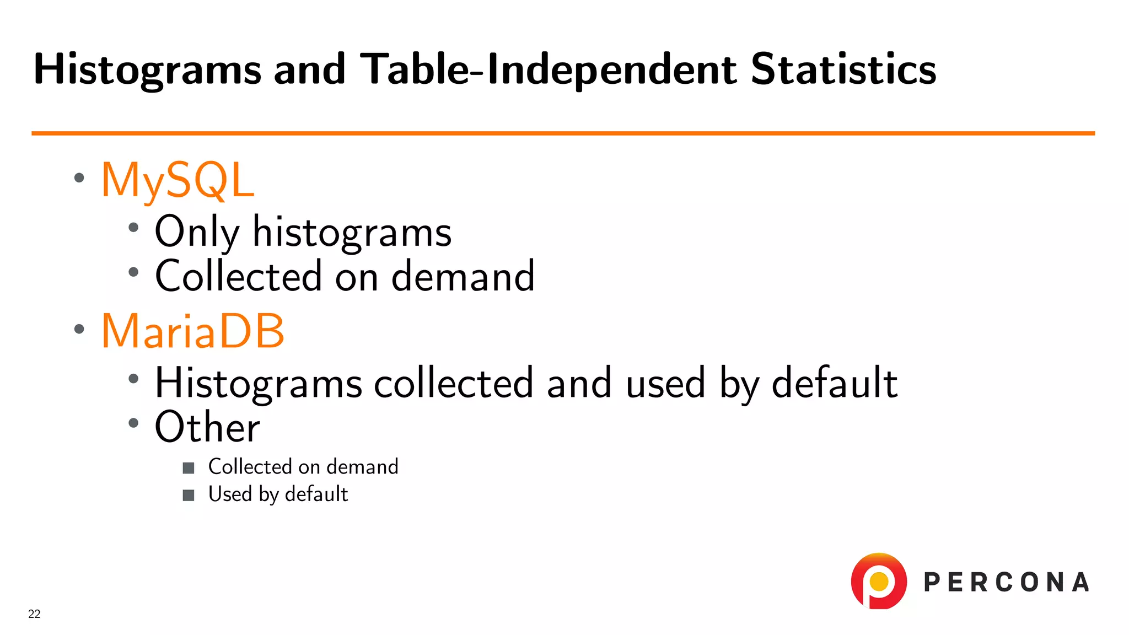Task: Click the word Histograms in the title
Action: tap(147, 69)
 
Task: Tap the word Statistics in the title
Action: tap(843, 69)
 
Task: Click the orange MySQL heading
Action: tap(178, 180)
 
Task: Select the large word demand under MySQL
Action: tap(463, 276)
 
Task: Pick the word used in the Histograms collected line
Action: tap(665, 383)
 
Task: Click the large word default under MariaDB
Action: tap(835, 383)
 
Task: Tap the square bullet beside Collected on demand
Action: tap(189, 468)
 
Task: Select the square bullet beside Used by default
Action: tap(189, 495)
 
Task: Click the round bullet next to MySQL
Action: tap(79, 177)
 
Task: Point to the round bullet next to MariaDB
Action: tap(79, 329)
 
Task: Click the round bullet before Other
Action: tap(133, 423)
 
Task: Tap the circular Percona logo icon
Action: tap(879, 582)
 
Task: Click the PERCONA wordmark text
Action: tap(1006, 583)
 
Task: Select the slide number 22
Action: tap(34, 614)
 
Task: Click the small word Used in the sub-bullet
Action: tap(230, 494)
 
